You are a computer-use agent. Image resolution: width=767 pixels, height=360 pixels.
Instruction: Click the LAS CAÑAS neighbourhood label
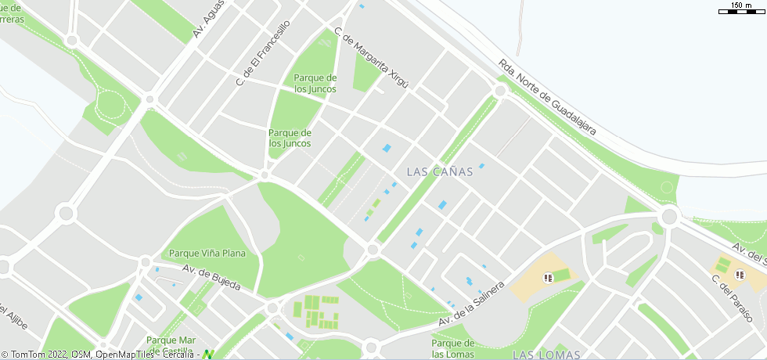coord(440,171)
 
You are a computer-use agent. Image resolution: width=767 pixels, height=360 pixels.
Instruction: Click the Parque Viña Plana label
coord(207,254)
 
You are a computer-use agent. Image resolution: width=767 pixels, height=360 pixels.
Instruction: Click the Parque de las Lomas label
coord(453,348)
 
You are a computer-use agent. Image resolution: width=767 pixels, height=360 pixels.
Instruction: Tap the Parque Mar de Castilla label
coord(171,344)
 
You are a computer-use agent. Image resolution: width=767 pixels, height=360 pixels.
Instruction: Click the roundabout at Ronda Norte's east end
coord(668,216)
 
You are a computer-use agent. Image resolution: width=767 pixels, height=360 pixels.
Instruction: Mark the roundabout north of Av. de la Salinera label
coord(373,250)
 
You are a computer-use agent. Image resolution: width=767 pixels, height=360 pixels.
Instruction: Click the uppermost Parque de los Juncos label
coord(315,83)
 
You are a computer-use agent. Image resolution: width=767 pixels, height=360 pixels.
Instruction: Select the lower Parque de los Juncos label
coord(290,138)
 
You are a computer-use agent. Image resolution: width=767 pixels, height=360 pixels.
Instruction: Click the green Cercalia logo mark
coord(208,355)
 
